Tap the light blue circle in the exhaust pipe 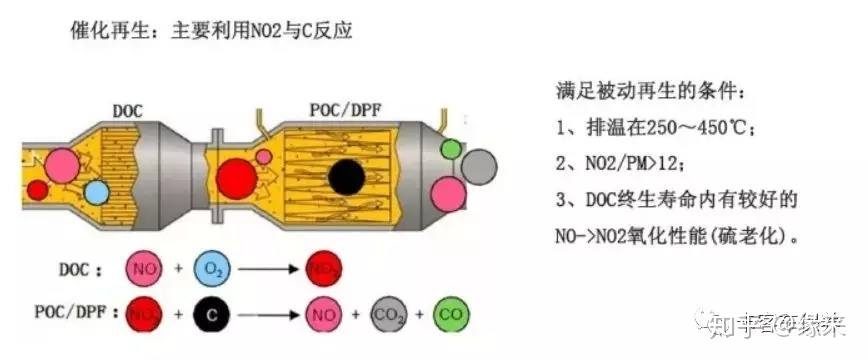click(96, 192)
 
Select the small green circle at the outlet click(452, 150)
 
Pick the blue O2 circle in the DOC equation click(211, 270)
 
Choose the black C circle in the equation click(211, 315)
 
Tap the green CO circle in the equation click(452, 315)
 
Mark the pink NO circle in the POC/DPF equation click(322, 315)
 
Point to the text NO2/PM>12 click(634, 164)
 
